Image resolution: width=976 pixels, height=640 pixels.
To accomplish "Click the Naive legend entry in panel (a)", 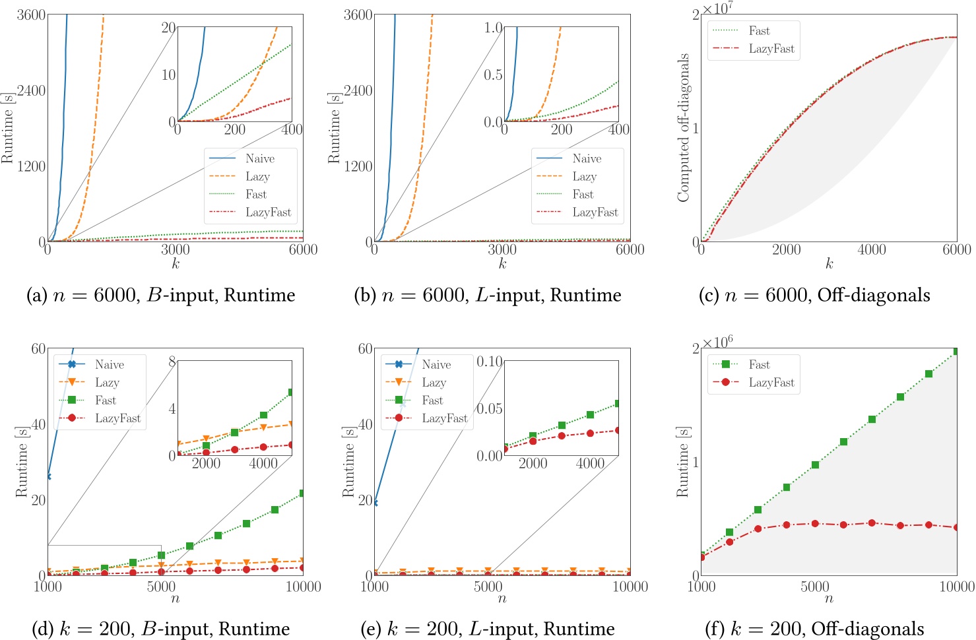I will (259, 158).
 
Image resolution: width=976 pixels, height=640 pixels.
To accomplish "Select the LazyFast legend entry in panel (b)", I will (595, 212).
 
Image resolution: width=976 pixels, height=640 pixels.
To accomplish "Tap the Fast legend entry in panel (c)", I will (759, 30).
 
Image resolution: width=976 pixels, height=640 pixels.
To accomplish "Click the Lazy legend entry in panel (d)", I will (107, 382).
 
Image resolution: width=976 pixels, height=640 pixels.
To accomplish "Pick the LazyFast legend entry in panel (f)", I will (771, 382).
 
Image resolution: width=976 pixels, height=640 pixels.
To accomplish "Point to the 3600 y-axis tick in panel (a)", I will (31, 15).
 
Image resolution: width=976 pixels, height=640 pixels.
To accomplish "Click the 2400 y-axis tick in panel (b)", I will (358, 90).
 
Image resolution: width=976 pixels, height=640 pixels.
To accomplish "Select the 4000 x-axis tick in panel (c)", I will (871, 249).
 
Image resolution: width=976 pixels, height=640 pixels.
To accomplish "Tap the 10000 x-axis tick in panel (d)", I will (303, 587).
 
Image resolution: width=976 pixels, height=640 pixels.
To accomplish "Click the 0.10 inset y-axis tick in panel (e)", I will (489, 362).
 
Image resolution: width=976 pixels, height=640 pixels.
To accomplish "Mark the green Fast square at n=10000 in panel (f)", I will (956, 351).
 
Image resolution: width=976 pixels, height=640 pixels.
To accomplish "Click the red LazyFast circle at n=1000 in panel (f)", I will (701, 557).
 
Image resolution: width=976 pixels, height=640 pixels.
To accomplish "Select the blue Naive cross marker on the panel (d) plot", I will (48, 476).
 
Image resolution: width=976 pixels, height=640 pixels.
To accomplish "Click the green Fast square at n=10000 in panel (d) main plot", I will (302, 493).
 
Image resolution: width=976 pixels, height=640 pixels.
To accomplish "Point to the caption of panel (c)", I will (814, 295).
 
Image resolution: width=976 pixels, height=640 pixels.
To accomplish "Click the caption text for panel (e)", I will (488, 629).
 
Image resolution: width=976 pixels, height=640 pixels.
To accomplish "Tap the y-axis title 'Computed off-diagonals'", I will (683, 128).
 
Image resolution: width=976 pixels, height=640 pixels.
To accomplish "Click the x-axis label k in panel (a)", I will (176, 264).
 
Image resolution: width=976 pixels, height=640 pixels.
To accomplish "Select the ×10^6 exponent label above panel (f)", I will (717, 342).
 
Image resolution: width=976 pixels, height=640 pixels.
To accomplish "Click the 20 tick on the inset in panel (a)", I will (168, 27).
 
